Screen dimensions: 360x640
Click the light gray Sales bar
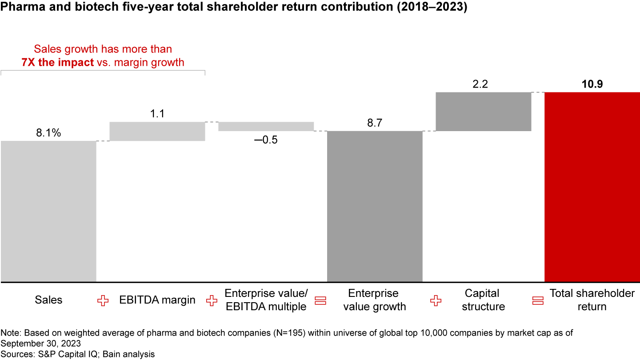click(x=48, y=211)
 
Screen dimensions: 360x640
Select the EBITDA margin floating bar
click(x=157, y=131)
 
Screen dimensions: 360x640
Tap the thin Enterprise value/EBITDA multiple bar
click(x=266, y=126)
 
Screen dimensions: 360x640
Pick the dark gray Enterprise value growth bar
click(x=375, y=206)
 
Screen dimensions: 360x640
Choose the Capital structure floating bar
click(x=484, y=112)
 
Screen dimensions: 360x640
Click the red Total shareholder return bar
click(x=592, y=187)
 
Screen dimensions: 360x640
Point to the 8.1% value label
click(x=48, y=133)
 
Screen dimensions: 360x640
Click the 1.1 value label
click(x=156, y=114)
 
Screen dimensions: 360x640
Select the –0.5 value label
click(x=265, y=140)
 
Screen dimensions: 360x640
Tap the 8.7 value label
click(x=375, y=123)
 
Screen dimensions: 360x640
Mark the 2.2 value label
click(x=480, y=84)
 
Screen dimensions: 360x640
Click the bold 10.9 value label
click(x=592, y=84)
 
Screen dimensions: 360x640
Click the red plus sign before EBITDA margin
click(x=103, y=301)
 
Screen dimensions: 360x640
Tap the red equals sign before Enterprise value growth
click(x=320, y=301)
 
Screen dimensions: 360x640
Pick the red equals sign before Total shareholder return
click(x=538, y=301)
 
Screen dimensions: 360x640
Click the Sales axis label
click(x=48, y=300)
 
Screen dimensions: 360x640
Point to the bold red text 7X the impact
click(x=57, y=62)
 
